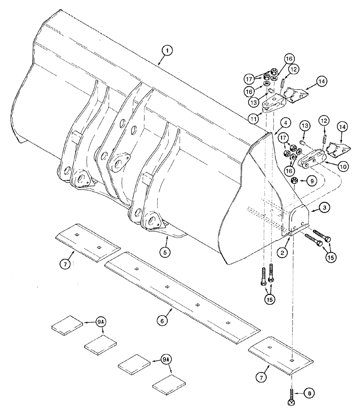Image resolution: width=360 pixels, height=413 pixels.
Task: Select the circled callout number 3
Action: [325, 209]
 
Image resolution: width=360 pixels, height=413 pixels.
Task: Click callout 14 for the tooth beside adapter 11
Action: [322, 82]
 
